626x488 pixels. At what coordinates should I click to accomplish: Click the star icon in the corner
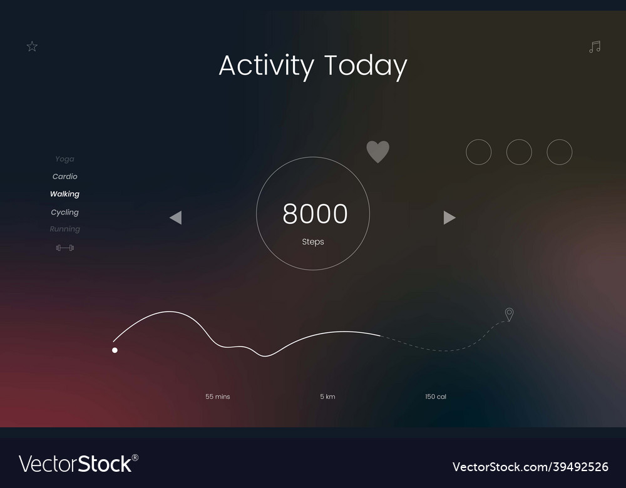tap(32, 46)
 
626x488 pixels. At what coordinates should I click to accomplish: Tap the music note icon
tap(595, 47)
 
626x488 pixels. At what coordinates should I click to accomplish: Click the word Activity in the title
tap(266, 66)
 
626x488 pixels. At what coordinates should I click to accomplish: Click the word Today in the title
tap(366, 66)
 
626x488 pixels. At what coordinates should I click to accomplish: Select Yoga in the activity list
tap(64, 159)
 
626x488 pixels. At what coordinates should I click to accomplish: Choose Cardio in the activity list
tap(65, 176)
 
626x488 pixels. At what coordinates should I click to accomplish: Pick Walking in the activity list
tap(65, 194)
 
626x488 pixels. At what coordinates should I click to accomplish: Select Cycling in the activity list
tap(65, 212)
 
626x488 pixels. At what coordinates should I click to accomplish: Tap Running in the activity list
tap(65, 229)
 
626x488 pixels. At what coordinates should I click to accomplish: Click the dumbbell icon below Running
tap(65, 248)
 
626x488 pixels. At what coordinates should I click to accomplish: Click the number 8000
tap(315, 214)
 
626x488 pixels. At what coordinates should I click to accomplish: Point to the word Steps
tap(313, 241)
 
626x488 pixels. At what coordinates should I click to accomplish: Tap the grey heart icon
tap(377, 151)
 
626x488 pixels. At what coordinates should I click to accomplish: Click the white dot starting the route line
tap(115, 350)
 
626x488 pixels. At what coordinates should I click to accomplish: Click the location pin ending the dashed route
tap(509, 314)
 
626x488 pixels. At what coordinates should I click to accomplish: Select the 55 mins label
tap(218, 397)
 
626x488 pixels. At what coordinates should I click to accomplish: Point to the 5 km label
tap(327, 397)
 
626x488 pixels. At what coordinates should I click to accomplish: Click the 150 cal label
tap(436, 397)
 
